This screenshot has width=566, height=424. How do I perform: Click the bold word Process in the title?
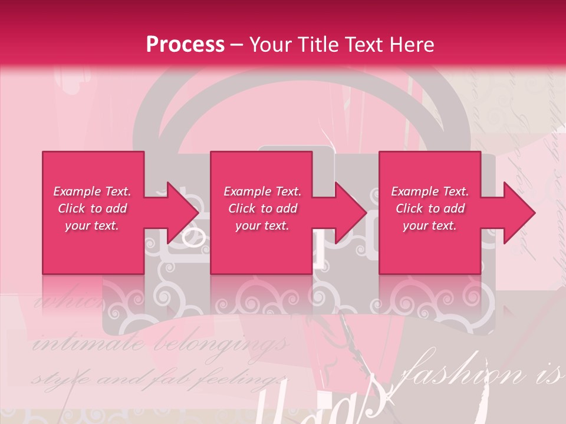[185, 45]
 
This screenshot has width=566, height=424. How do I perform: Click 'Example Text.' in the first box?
[92, 191]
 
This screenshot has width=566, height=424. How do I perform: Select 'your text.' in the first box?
[92, 226]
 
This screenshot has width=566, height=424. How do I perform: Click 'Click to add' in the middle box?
[262, 208]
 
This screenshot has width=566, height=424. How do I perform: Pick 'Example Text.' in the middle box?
[262, 191]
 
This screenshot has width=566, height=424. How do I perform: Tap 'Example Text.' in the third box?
[430, 191]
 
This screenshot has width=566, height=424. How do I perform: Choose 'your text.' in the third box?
[430, 226]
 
